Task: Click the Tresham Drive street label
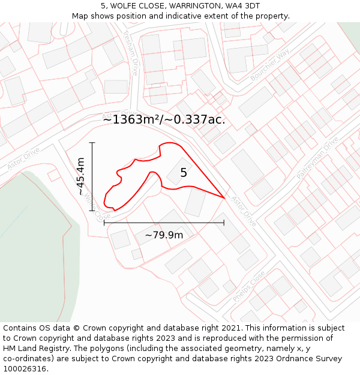click(131, 53)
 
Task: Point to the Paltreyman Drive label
click(322, 153)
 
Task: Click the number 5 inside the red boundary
click(184, 173)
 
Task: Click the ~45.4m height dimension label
click(81, 176)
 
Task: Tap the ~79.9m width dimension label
click(164, 235)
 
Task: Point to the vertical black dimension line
click(92, 176)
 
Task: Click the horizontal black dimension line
click(164, 223)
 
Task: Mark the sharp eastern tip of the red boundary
click(224, 197)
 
